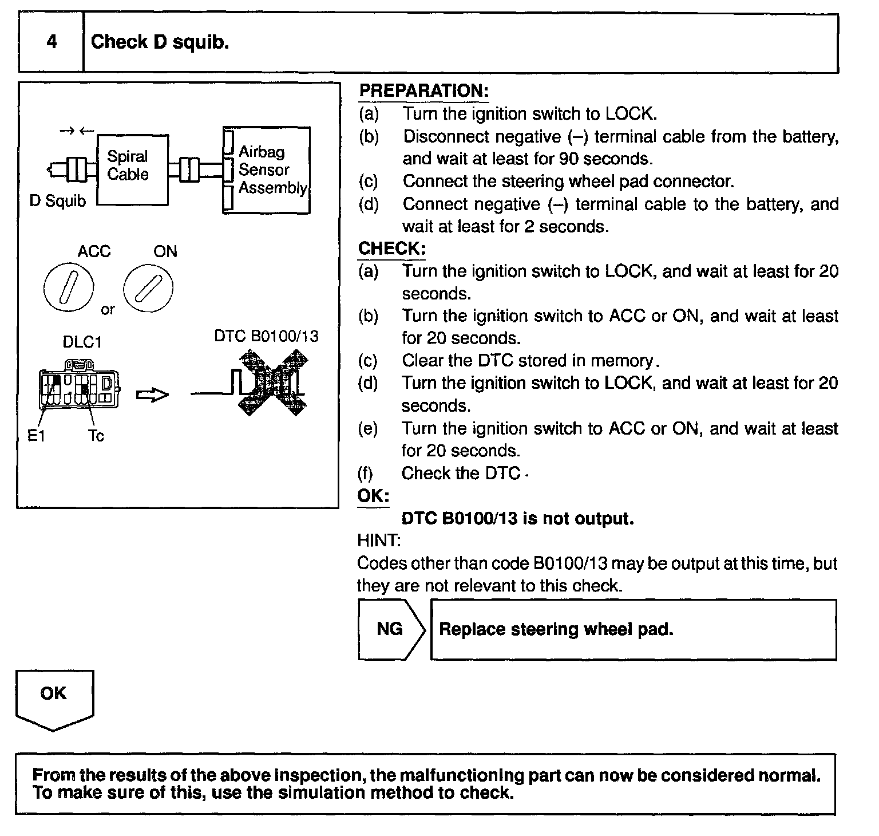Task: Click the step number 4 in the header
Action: [x=52, y=42]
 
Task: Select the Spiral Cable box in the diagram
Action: [x=132, y=169]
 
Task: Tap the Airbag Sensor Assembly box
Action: [x=267, y=170]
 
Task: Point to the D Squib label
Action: [x=57, y=201]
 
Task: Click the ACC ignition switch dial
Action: [x=68, y=288]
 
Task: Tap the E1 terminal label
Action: [x=36, y=436]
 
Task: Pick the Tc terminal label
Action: [x=96, y=436]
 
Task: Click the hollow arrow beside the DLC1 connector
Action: [x=152, y=395]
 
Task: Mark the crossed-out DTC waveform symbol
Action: [x=272, y=382]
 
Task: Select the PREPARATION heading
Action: [x=423, y=91]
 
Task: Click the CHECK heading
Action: [x=392, y=249]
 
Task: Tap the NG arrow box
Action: [x=391, y=629]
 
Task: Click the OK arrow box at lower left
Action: [x=54, y=699]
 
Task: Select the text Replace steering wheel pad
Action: [x=556, y=629]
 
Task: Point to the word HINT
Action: [x=379, y=540]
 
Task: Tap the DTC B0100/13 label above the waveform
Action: [x=266, y=336]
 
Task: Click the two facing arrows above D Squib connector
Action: [x=76, y=131]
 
